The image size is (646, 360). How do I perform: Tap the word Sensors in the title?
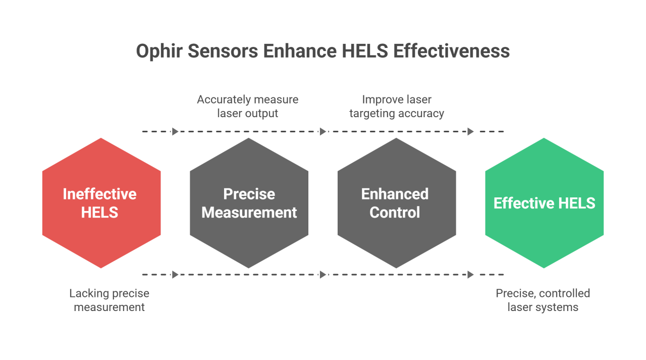[223, 52]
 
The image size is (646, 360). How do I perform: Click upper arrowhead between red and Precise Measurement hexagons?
[175, 132]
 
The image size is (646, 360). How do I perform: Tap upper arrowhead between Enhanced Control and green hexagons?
[470, 132]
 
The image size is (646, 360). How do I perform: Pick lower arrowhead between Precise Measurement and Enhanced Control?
[323, 275]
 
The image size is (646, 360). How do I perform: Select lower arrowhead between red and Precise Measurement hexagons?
[175, 275]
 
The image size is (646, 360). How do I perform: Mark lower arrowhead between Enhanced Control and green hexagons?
[470, 275]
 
